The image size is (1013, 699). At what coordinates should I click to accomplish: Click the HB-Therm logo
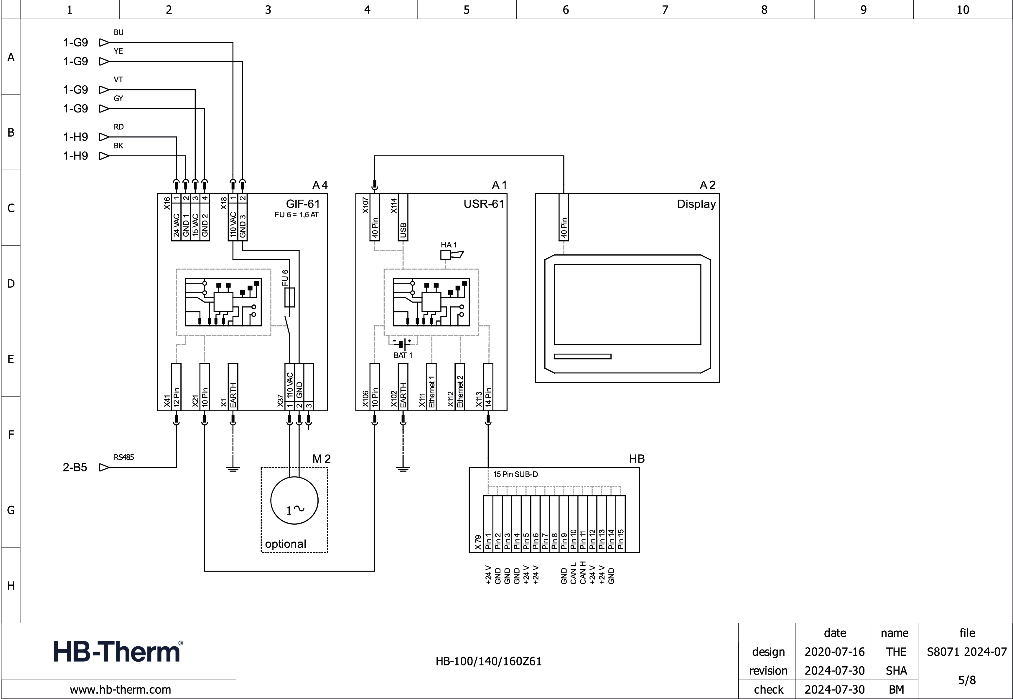(118, 651)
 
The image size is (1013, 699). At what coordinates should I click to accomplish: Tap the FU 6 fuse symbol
(290, 297)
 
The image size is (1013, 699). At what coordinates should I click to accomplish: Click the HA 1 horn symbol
(451, 255)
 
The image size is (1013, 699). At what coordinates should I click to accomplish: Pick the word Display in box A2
(696, 204)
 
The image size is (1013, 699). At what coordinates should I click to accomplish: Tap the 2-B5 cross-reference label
(75, 467)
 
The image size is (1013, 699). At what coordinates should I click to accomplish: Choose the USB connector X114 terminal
(403, 218)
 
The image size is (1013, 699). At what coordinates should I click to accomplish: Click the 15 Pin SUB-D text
(515, 474)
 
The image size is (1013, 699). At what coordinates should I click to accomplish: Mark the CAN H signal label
(583, 573)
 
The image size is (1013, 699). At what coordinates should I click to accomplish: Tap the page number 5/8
(966, 680)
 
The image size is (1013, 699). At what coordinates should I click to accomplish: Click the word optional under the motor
(285, 544)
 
